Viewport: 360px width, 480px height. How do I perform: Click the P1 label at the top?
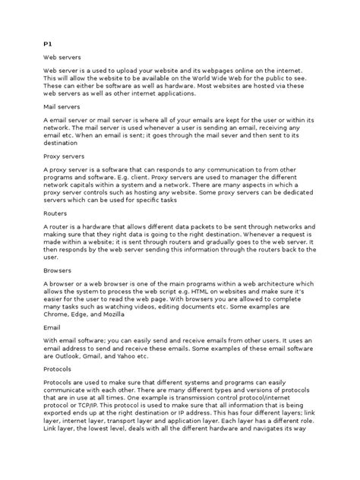click(x=46, y=45)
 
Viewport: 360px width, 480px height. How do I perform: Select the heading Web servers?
click(x=61, y=58)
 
